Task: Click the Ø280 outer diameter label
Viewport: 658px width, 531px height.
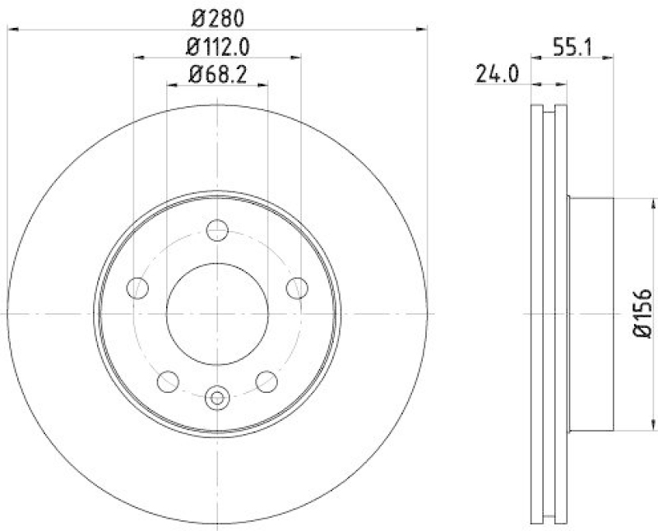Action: click(217, 17)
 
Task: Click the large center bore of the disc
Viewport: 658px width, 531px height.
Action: click(217, 313)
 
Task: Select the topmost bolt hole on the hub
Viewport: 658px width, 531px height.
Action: click(217, 231)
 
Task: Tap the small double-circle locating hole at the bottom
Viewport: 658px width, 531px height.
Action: click(217, 398)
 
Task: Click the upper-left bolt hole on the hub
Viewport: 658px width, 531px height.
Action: click(138, 288)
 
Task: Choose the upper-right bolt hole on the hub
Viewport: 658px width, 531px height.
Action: click(296, 288)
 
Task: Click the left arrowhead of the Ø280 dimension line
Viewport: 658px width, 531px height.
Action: click(12, 30)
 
